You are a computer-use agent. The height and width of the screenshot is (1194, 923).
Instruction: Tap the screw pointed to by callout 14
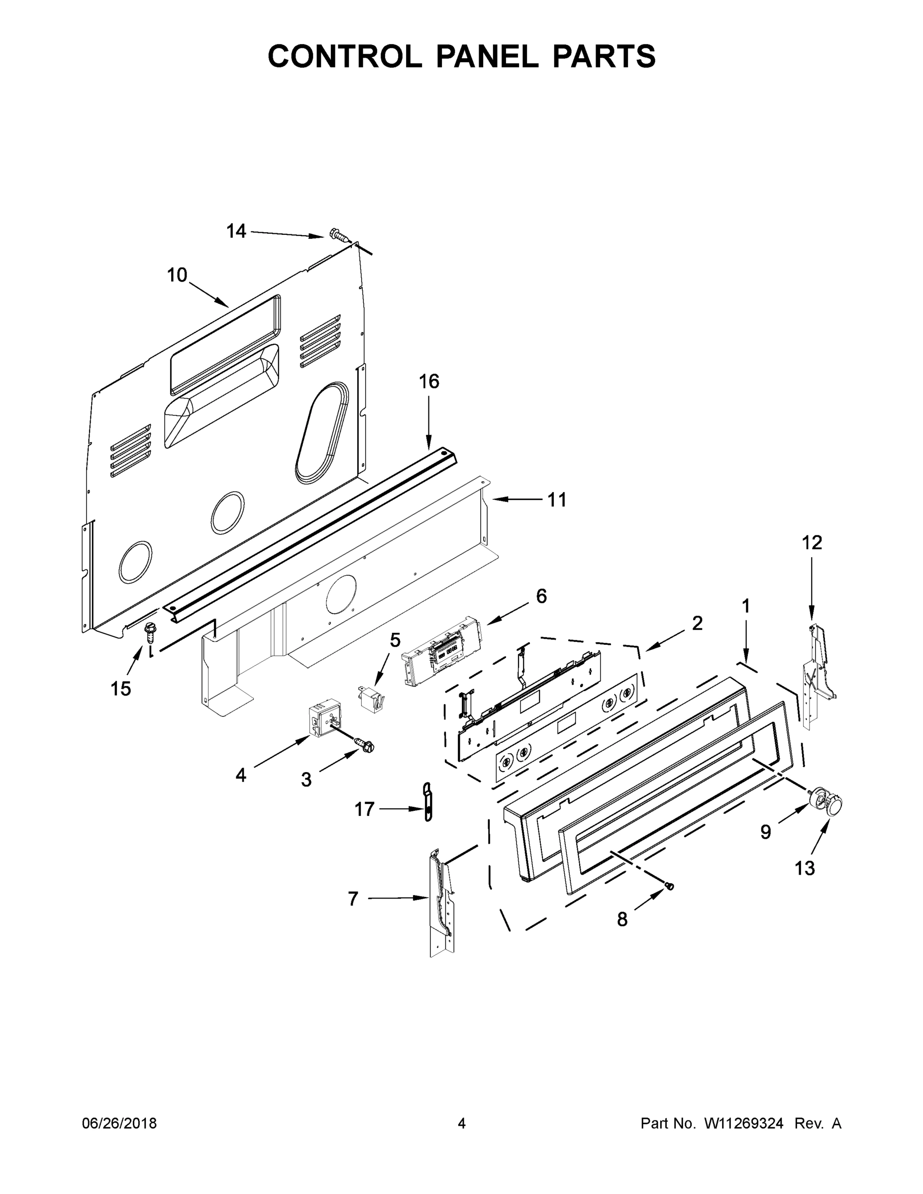(339, 236)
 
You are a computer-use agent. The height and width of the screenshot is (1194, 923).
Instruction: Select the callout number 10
(177, 275)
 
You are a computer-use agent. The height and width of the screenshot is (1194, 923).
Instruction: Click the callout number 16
(429, 381)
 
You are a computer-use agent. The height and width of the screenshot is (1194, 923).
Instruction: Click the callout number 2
(697, 623)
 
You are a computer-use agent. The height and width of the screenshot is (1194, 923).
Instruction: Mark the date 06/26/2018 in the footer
(119, 1123)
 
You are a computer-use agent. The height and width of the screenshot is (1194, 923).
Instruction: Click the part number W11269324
(744, 1123)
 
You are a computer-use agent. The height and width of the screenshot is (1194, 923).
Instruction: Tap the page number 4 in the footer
(462, 1123)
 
